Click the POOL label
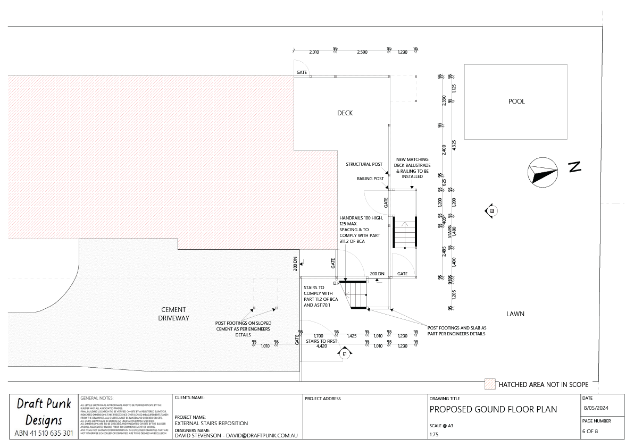tap(516, 102)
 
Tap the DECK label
tap(345, 113)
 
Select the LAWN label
tap(515, 314)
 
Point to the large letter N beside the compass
tap(574, 167)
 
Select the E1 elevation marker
tap(345, 353)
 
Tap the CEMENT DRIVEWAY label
tap(173, 314)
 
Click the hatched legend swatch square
tap(489, 384)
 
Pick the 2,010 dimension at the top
tap(314, 52)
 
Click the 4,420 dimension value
tap(321, 346)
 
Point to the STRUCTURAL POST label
tap(364, 165)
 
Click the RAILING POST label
tap(370, 179)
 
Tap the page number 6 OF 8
tap(590, 431)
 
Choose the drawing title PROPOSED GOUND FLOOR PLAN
tap(493, 409)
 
